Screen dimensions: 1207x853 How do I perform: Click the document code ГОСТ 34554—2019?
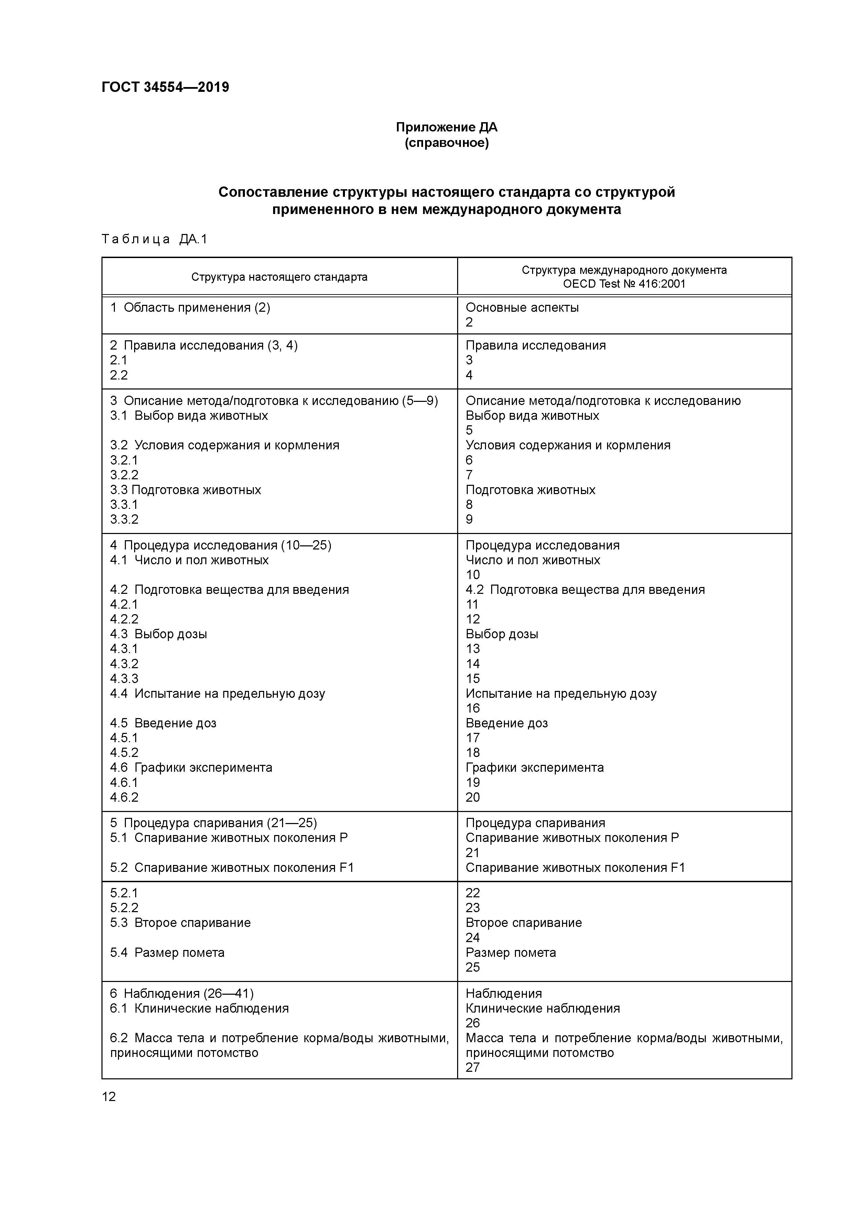coord(165,87)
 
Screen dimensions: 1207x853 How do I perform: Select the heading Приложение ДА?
coord(446,127)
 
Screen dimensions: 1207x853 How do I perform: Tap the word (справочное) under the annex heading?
coord(446,143)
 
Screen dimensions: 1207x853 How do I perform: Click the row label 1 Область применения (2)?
coord(190,308)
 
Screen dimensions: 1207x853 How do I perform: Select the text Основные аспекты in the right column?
coord(522,308)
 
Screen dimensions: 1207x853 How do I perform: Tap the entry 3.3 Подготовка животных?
coord(185,490)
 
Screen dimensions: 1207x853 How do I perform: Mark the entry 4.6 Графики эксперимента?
coord(191,768)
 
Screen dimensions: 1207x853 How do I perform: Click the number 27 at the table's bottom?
coord(473,1067)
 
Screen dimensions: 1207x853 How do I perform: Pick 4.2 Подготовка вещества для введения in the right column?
coord(585,589)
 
